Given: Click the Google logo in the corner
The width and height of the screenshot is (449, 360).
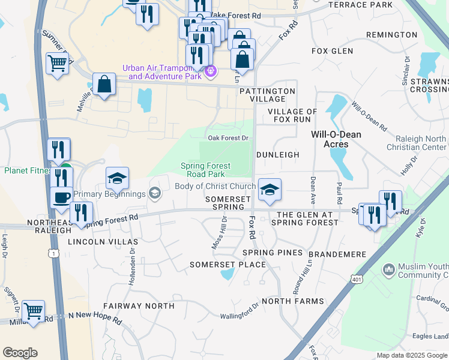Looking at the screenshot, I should point(20,353).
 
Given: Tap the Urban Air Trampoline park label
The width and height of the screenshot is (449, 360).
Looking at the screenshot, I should point(162,72).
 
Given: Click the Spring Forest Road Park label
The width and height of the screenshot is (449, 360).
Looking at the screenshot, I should point(214,170).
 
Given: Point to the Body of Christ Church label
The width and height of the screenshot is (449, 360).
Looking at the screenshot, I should point(215,186).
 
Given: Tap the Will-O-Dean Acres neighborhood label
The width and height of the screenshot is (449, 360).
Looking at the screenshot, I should point(336,139).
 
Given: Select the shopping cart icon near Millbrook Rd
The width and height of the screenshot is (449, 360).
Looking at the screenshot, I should point(33,311).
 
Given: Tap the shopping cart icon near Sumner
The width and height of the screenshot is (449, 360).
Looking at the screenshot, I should point(57,63).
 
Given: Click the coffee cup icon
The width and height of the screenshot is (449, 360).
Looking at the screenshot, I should point(61,198).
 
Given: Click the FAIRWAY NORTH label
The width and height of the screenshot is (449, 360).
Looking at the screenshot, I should point(139,306).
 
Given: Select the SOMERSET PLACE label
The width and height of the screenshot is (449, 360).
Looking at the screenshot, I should point(228,265).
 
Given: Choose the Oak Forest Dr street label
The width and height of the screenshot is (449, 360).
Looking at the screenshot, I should point(228,138).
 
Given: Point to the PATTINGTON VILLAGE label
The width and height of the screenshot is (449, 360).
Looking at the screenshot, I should point(267,95).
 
